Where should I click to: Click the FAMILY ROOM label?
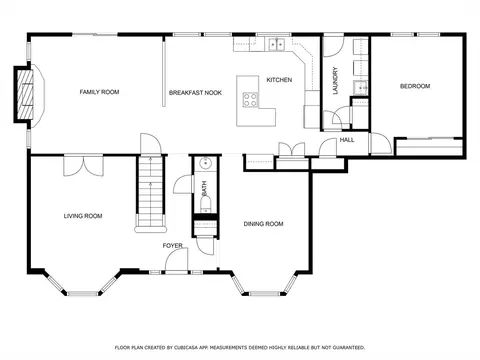pyautogui.click(x=99, y=92)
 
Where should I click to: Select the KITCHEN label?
pyautogui.click(x=278, y=80)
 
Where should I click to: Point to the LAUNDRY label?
pyautogui.click(x=336, y=80)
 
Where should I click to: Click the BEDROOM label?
pyautogui.click(x=414, y=87)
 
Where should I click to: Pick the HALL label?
pyautogui.click(x=347, y=140)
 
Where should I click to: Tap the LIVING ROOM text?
pyautogui.click(x=84, y=215)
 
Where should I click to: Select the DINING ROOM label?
pyautogui.click(x=263, y=224)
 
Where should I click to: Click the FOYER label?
pyautogui.click(x=172, y=244)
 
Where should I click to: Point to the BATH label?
pyautogui.click(x=203, y=187)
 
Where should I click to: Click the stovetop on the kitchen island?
pyautogui.click(x=250, y=100)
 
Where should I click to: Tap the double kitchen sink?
pyautogui.click(x=276, y=44)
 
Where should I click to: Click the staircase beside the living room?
pyautogui.click(x=149, y=195)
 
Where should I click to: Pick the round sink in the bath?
pyautogui.click(x=203, y=164)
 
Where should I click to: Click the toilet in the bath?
pyautogui.click(x=204, y=206)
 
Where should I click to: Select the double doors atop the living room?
pyautogui.click(x=82, y=164)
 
